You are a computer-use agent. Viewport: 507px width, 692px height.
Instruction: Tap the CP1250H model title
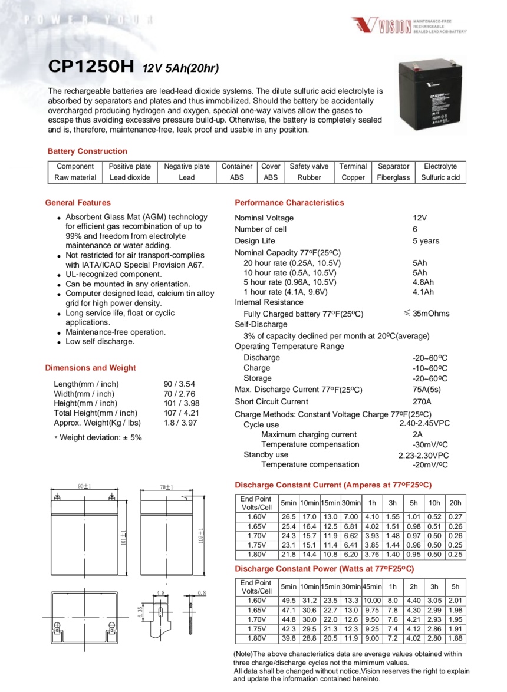pyautogui.click(x=91, y=67)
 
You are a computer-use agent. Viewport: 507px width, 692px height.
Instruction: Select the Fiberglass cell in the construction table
pyautogui.click(x=393, y=177)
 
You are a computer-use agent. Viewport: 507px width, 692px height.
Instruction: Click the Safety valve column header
pyautogui.click(x=309, y=166)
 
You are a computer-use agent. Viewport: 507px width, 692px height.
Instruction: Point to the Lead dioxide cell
pyautogui.click(x=130, y=177)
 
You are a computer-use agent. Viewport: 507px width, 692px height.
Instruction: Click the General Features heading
pyautogui.click(x=78, y=203)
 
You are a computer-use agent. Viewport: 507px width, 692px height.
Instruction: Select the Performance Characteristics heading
pyautogui.click(x=289, y=203)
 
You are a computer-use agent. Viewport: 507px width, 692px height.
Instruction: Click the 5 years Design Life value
pyautogui.click(x=426, y=240)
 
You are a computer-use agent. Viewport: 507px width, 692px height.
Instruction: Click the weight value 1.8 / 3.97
pyautogui.click(x=180, y=423)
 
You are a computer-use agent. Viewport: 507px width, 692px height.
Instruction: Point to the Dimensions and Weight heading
pyautogui.click(x=90, y=368)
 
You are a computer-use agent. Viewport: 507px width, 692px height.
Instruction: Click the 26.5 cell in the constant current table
pyautogui.click(x=289, y=517)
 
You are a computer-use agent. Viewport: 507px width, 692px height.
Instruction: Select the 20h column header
pyautogui.click(x=455, y=503)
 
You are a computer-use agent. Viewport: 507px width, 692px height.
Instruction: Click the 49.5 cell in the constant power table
pyautogui.click(x=289, y=601)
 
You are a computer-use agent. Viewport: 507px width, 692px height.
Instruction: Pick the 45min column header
pyautogui.click(x=372, y=587)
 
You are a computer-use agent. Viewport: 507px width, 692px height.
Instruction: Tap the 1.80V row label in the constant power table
pyautogui.click(x=256, y=638)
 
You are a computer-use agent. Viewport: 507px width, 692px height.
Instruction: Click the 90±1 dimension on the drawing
pyautogui.click(x=84, y=486)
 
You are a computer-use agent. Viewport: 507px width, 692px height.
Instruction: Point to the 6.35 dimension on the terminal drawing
pyautogui.click(x=140, y=613)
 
